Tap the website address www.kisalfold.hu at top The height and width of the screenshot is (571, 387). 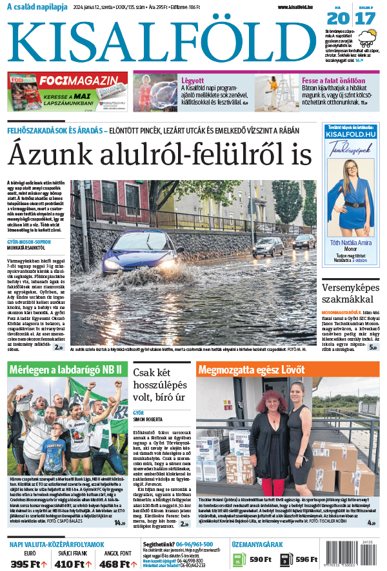pyautogui.click(x=299, y=7)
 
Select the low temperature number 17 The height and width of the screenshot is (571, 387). pyautogui.click(x=364, y=18)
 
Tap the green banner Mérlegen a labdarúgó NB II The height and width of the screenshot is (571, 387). pyautogui.click(x=67, y=370)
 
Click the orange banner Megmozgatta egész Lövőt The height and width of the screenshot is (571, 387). pyautogui.click(x=288, y=370)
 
